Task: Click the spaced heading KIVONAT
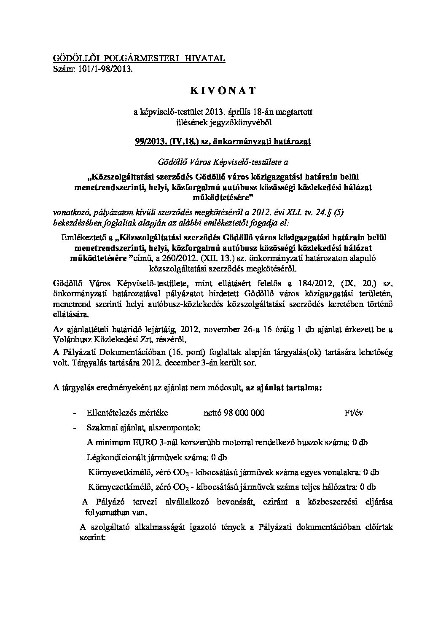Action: click(x=223, y=90)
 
